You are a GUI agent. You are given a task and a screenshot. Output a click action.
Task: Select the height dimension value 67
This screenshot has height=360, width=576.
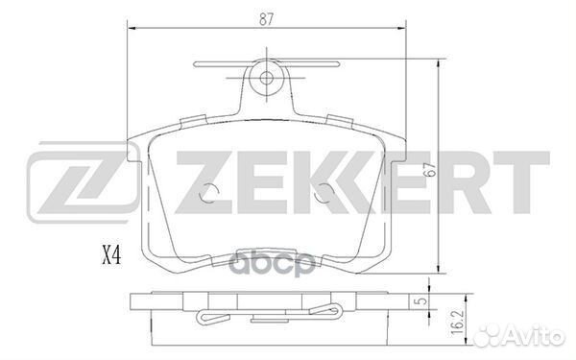coord(448,170)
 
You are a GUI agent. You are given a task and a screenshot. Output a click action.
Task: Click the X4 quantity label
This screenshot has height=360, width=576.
coord(113,255)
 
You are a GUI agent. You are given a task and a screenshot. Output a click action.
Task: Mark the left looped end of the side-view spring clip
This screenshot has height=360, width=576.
coord(204,320)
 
